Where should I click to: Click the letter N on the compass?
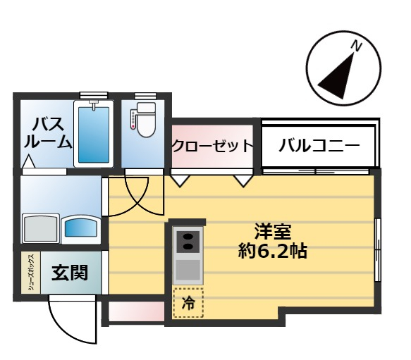click(357, 46)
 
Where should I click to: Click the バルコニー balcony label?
click(319, 145)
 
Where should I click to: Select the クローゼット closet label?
click(212, 145)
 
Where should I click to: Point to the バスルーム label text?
click(48, 133)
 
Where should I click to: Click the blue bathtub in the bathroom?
click(94, 134)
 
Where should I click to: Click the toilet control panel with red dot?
click(133, 120)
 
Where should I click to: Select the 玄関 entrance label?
click(69, 273)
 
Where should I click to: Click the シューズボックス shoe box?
click(31, 273)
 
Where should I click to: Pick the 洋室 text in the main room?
click(273, 231)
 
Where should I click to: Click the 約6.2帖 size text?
click(273, 251)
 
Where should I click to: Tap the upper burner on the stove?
click(188, 237)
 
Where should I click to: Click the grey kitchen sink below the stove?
click(188, 270)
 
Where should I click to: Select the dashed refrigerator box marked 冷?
click(188, 303)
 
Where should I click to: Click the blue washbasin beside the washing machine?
click(81, 228)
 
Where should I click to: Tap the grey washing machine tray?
click(41, 228)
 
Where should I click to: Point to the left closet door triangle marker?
click(180, 180)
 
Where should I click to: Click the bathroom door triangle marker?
click(28, 161)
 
